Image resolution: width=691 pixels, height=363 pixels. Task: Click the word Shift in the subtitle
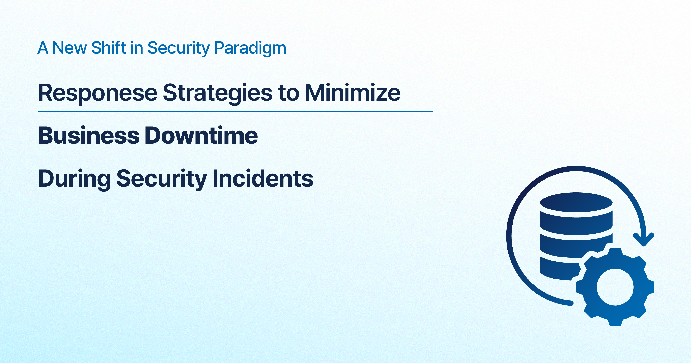109,48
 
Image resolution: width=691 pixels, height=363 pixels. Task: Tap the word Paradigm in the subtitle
250,49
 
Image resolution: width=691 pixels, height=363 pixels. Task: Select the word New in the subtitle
70,48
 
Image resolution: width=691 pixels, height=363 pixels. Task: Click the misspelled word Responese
98,93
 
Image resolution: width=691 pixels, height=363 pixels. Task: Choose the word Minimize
353,93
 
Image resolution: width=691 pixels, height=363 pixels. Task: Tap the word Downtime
201,135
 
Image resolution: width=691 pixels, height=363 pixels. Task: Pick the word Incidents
263,178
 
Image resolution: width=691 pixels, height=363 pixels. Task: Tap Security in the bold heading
162,179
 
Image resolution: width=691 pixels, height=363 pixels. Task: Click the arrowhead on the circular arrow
644,239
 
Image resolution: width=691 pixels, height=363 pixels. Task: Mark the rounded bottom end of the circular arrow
571,303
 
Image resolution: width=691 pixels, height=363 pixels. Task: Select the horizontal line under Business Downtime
236,158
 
